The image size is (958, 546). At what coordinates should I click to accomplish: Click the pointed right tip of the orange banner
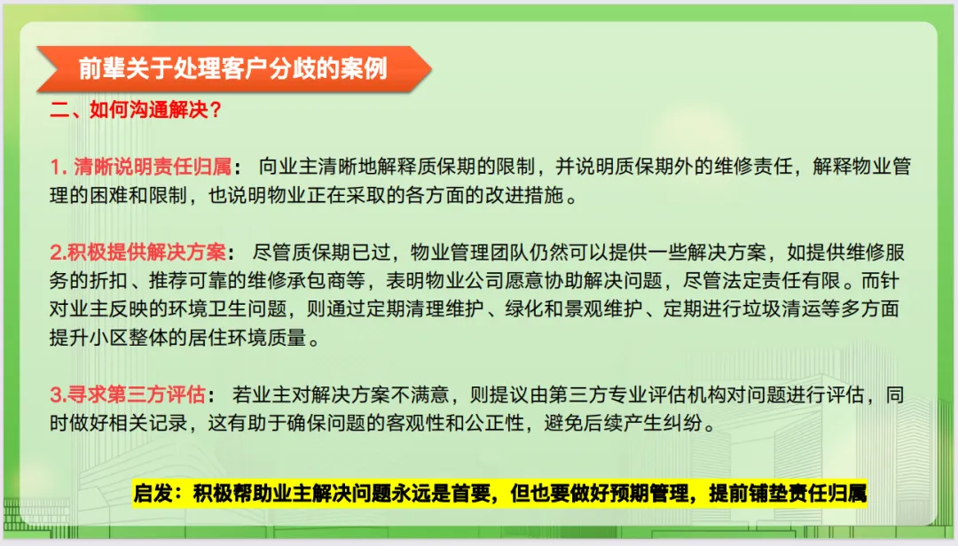coord(431,68)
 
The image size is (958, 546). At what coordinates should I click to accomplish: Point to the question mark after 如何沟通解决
coord(215,110)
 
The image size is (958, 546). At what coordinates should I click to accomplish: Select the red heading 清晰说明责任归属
coord(153,167)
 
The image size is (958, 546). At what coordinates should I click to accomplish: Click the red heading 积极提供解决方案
coord(146,253)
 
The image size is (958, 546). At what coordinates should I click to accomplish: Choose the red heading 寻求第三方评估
coord(137,394)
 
